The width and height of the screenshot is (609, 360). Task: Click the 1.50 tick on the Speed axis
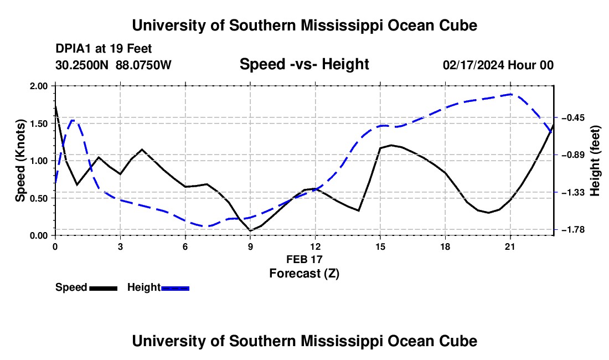[x=39, y=124]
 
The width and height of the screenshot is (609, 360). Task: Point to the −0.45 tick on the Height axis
[x=570, y=117]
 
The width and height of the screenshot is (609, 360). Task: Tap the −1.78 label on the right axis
[x=570, y=230]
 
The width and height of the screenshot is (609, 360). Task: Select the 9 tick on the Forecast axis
[x=250, y=246]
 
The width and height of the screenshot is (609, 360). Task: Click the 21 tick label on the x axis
[x=510, y=246]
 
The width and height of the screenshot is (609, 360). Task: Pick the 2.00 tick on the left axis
[x=39, y=86]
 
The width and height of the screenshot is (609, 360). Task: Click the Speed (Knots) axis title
[x=20, y=161]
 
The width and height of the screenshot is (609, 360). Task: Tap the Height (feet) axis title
[x=595, y=161]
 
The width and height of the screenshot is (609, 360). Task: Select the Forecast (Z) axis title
[x=304, y=274]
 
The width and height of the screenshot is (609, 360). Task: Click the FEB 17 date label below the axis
[x=304, y=259]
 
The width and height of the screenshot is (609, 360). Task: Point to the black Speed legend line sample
[x=104, y=288]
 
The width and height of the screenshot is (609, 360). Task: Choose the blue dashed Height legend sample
[x=175, y=288]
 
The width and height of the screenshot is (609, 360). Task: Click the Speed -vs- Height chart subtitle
[x=304, y=64]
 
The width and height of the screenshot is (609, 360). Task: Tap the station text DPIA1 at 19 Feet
[x=104, y=49]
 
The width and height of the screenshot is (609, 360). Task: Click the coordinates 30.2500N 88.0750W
[x=113, y=65]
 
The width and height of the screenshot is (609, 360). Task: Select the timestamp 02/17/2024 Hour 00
[x=498, y=65]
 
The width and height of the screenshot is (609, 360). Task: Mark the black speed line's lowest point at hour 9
[x=250, y=231]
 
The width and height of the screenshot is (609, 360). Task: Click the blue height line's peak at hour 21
[x=511, y=94]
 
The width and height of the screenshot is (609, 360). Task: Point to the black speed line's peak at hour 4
[x=142, y=150]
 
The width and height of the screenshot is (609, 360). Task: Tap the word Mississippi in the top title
[x=342, y=25]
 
